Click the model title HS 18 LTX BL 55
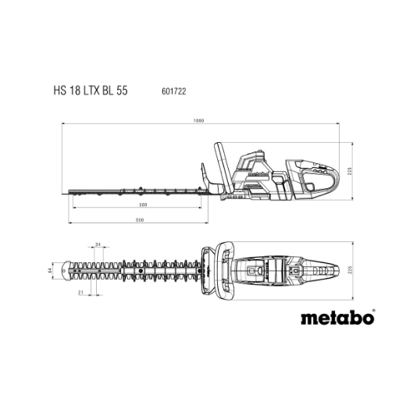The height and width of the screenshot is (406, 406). pos(91,91)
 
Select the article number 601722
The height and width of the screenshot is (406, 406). pos(174,91)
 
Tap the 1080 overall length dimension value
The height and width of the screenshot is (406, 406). pos(199,120)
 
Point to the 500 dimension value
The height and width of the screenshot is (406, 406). pos(143,205)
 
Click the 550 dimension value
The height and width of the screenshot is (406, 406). pos(140,220)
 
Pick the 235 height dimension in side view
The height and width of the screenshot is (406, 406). pos(350,171)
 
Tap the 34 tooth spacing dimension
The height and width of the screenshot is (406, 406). pos(98,244)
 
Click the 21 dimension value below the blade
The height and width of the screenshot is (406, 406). pos(80,293)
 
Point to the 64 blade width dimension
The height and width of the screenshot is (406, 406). pos(50,270)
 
